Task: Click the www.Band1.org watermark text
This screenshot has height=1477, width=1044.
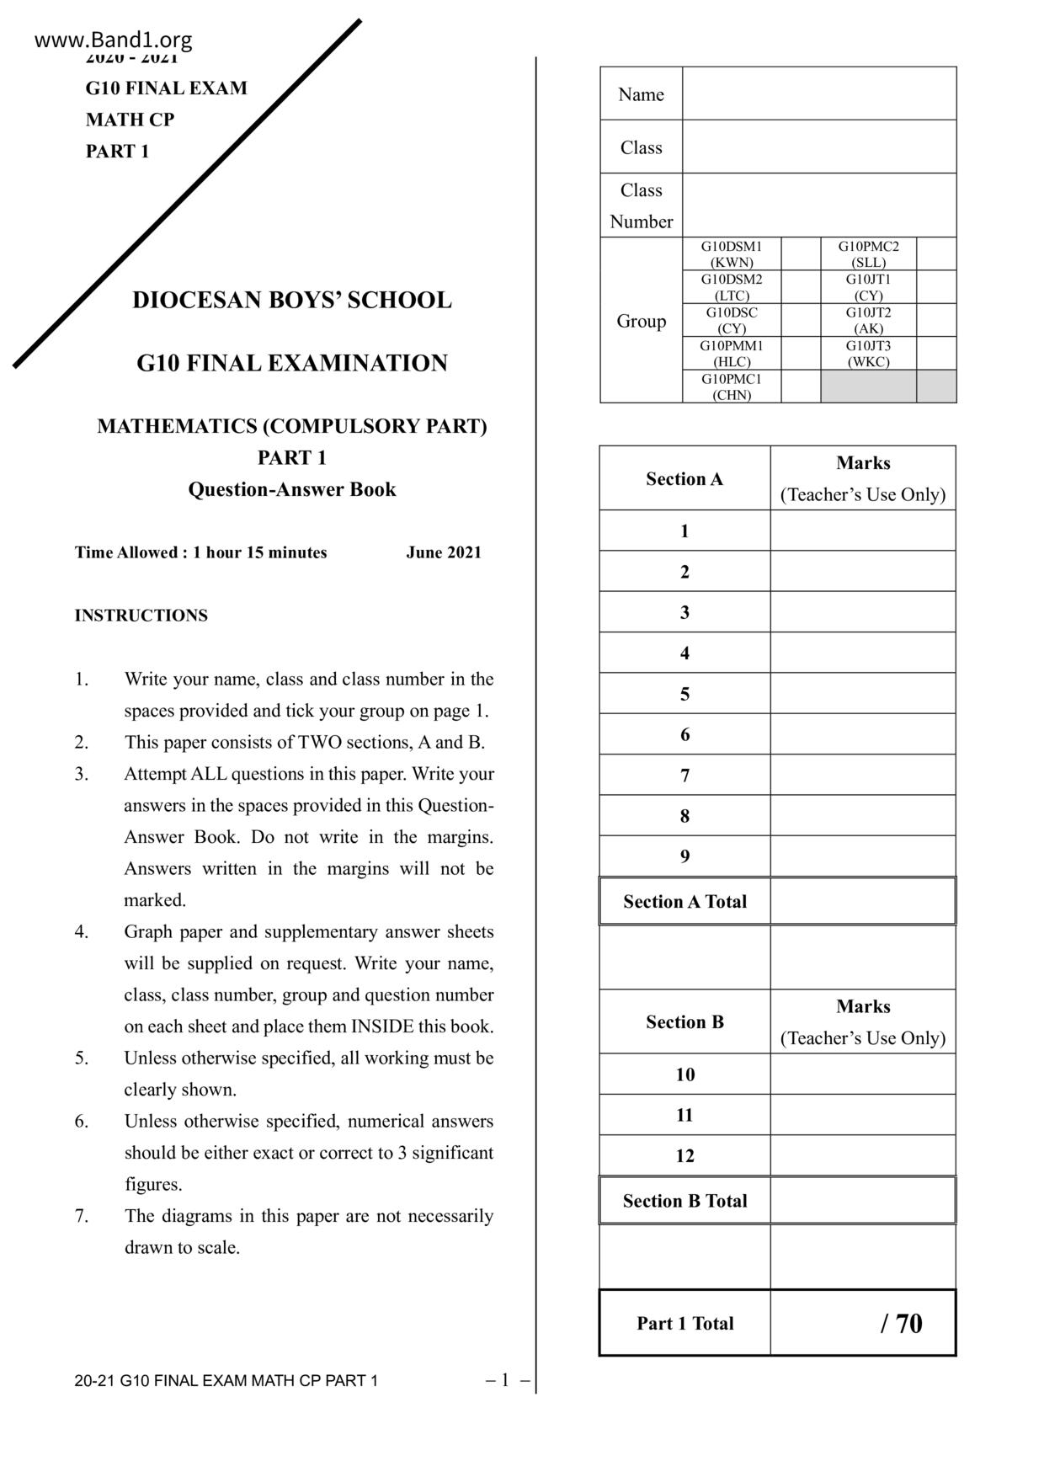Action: click(x=114, y=40)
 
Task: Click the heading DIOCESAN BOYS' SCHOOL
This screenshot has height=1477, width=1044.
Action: click(x=291, y=300)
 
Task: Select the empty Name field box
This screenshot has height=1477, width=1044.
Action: click(x=818, y=93)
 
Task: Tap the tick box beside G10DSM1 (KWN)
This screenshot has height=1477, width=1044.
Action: click(x=801, y=253)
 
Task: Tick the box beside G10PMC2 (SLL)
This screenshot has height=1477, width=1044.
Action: click(x=936, y=253)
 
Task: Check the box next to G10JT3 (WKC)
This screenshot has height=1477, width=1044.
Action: click(x=936, y=353)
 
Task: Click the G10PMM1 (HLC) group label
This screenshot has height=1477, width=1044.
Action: click(x=732, y=353)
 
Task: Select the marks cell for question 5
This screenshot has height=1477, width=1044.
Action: click(x=862, y=693)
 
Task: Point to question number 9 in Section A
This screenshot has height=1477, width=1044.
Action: click(x=684, y=856)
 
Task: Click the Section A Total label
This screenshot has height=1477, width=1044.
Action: click(x=684, y=901)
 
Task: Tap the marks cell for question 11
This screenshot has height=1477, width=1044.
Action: click(x=862, y=1115)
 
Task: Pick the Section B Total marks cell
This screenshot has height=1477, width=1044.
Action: click(x=862, y=1201)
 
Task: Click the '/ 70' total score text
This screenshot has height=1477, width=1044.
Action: click(x=901, y=1323)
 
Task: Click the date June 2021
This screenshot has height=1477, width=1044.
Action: click(x=444, y=552)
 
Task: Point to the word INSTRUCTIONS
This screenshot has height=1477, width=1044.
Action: click(x=141, y=616)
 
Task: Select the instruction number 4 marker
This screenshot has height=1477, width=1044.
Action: click(x=82, y=931)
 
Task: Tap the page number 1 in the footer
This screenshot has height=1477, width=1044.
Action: click(x=505, y=1379)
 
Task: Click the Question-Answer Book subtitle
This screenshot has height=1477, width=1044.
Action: click(x=291, y=489)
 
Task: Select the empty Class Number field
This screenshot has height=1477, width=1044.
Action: click(x=818, y=205)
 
